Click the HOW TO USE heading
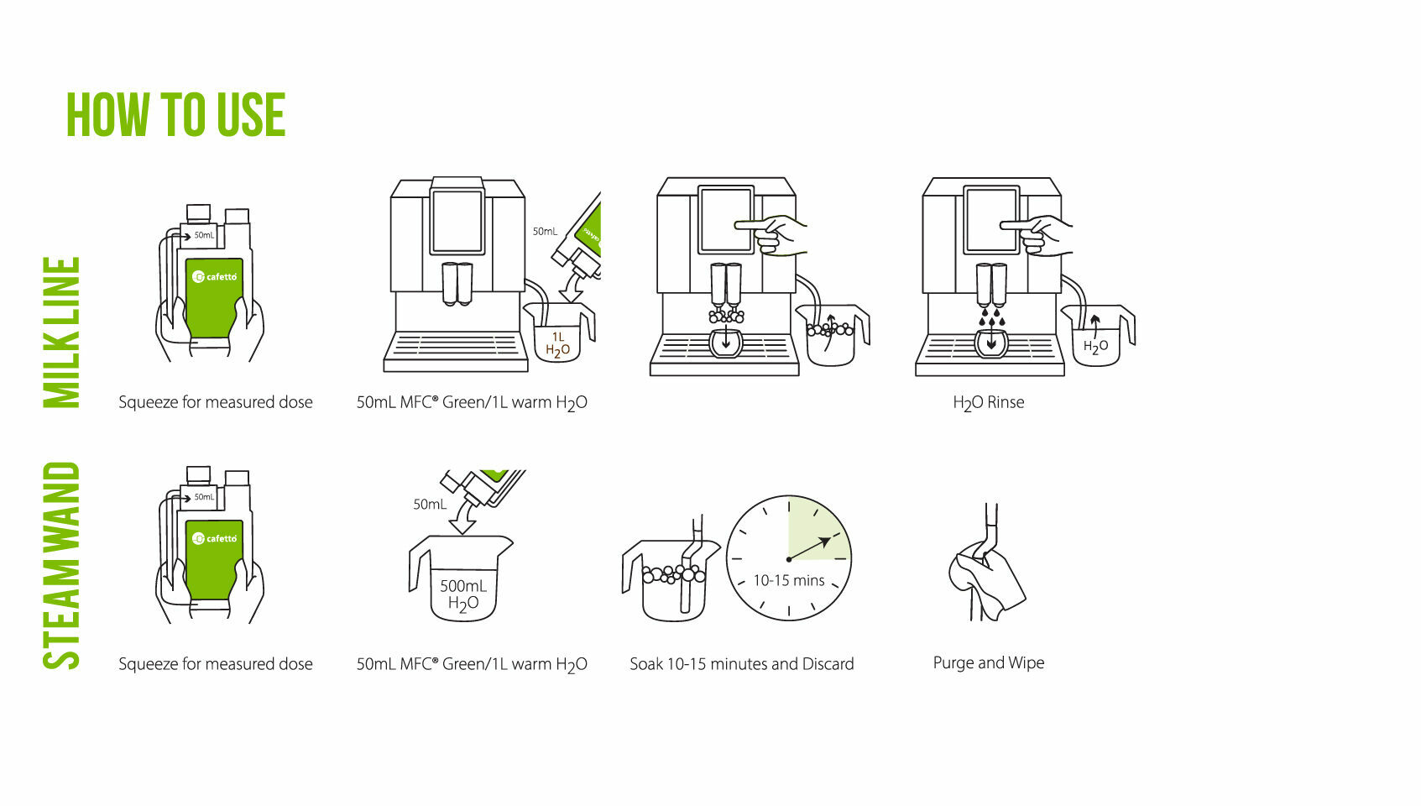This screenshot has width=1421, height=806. pyautogui.click(x=175, y=114)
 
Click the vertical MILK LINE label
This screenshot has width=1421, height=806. pyautogui.click(x=61, y=332)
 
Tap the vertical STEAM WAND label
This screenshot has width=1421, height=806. pyautogui.click(x=61, y=566)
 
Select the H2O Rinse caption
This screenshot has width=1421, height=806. pyautogui.click(x=989, y=403)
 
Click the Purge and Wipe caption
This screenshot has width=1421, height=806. pyautogui.click(x=989, y=662)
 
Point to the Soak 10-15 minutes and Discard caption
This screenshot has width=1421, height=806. pyautogui.click(x=742, y=664)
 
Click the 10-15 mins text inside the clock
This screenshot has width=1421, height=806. pyautogui.click(x=788, y=580)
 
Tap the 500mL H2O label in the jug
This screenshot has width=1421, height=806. pyautogui.click(x=463, y=594)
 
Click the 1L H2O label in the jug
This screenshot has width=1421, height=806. pyautogui.click(x=557, y=344)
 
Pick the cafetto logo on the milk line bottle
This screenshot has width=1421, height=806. pyautogui.click(x=214, y=277)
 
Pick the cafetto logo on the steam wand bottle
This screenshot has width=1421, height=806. pyautogui.click(x=214, y=538)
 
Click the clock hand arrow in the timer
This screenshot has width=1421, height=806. pyautogui.click(x=809, y=548)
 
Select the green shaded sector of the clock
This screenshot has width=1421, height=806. pyautogui.click(x=818, y=529)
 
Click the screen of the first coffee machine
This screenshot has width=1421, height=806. pyautogui.click(x=457, y=222)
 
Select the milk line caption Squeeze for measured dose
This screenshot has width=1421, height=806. pyautogui.click(x=216, y=402)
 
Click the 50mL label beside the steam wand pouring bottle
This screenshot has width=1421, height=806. pyautogui.click(x=430, y=505)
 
